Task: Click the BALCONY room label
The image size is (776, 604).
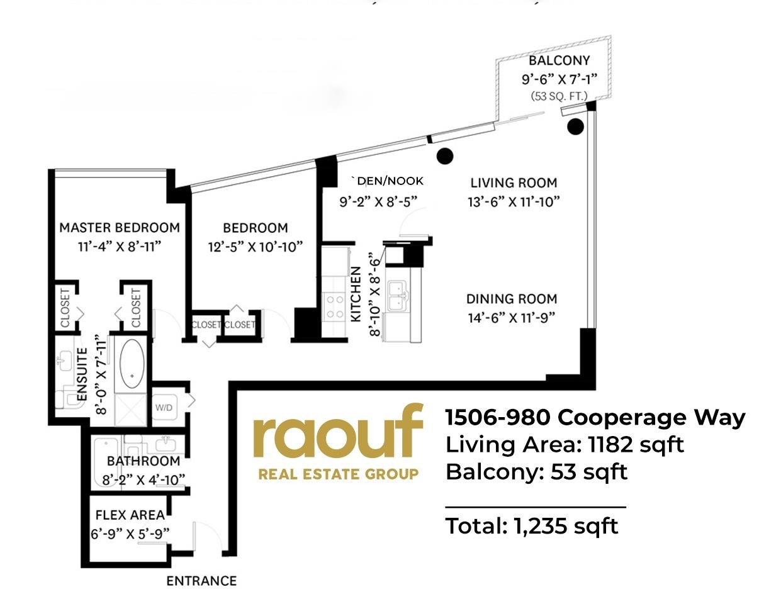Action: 559,60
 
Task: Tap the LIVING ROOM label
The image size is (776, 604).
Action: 514,183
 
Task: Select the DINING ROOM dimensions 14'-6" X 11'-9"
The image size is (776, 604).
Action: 511,318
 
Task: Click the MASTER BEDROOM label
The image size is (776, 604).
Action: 120,227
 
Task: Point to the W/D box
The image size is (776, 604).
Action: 164,407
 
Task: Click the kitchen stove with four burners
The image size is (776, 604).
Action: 335,306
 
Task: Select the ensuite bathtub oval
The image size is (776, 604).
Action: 132,364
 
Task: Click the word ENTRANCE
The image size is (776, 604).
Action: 201,581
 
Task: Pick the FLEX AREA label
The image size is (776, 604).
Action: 130,515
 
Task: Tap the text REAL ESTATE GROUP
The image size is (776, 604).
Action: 338,474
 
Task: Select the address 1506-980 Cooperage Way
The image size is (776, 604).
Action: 595,417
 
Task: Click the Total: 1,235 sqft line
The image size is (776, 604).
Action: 532,525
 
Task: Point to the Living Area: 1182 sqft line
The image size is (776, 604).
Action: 565,444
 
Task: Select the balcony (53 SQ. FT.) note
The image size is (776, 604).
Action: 559,96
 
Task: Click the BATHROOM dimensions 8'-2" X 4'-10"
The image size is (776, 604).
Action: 143,480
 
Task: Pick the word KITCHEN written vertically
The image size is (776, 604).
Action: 356,294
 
